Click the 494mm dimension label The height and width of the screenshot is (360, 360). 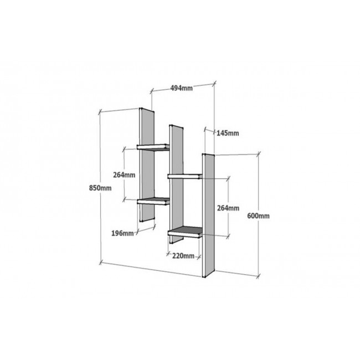tap(181, 88)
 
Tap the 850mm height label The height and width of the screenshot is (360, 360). tap(100, 188)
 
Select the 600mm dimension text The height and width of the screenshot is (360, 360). tap(258, 216)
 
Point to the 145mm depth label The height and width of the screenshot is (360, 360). tap(228, 133)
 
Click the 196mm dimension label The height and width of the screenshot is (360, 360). tap(122, 233)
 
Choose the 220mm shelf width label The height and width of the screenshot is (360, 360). tap(183, 256)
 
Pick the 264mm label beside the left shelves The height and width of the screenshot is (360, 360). tap(124, 175)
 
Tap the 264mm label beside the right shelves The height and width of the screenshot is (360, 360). tap(228, 208)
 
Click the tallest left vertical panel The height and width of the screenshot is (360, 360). tap(147, 164)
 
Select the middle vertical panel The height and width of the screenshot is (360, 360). tap(176, 184)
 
